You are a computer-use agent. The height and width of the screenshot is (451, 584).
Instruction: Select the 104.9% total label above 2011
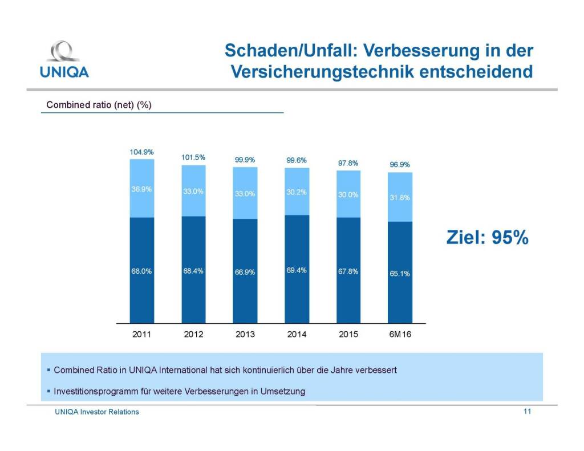click(x=141, y=152)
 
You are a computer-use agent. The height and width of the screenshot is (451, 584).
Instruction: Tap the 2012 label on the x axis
click(x=193, y=334)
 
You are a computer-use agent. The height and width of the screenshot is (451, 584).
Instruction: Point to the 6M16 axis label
click(x=400, y=334)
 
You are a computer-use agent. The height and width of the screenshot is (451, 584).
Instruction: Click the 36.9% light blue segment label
click(x=141, y=189)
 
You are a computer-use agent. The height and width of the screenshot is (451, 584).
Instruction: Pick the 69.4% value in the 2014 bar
click(x=297, y=270)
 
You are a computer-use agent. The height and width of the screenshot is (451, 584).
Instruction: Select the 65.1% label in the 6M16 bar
click(x=400, y=273)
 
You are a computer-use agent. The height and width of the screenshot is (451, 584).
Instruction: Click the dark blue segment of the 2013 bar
click(x=245, y=285)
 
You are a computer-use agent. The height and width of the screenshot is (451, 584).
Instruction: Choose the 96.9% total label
click(x=400, y=165)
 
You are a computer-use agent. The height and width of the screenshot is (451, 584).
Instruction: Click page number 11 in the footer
click(x=527, y=411)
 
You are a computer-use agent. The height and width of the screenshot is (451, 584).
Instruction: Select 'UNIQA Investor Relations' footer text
click(x=96, y=412)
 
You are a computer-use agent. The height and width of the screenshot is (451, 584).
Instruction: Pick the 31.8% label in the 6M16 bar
click(x=400, y=198)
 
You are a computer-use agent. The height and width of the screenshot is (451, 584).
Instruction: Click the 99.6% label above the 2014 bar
click(x=297, y=160)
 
